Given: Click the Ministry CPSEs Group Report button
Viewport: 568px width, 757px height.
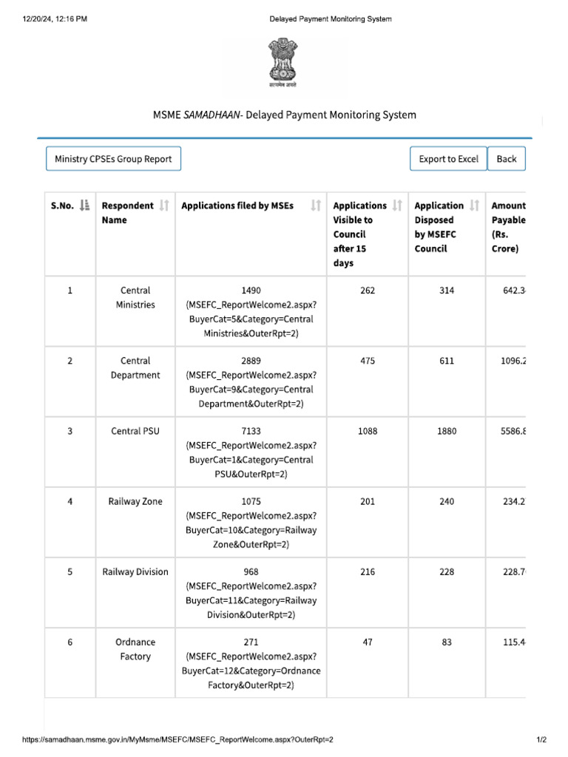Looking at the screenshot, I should (113, 159).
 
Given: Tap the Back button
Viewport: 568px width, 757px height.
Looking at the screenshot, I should (507, 159).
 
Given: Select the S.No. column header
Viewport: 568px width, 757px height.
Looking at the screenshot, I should (62, 206).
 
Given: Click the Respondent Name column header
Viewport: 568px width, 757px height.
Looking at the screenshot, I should (127, 213).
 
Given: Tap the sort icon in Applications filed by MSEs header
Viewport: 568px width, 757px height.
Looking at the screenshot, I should (316, 206).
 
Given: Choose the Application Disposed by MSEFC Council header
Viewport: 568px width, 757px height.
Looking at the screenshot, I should (439, 227).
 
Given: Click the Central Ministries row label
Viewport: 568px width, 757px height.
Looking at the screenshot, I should (135, 298).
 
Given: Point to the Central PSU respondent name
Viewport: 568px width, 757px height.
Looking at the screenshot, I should (135, 431).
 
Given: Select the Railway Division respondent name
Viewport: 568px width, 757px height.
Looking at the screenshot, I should (135, 571).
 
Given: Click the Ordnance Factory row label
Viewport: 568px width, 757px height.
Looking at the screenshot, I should (135, 649).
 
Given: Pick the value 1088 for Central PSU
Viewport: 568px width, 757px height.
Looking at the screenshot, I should (368, 431).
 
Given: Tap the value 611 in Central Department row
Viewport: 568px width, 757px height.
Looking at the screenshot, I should (447, 361).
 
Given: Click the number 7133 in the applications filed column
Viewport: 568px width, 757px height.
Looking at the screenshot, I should (251, 431).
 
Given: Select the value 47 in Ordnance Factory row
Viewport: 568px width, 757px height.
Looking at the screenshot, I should (368, 642).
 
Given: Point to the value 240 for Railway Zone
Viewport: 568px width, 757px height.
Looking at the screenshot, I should (447, 501).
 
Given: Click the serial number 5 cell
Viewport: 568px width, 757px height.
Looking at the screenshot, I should (70, 571).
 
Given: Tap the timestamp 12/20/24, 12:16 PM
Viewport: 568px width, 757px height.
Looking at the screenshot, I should (55, 18).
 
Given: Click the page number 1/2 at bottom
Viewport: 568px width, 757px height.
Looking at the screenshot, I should (541, 739).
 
